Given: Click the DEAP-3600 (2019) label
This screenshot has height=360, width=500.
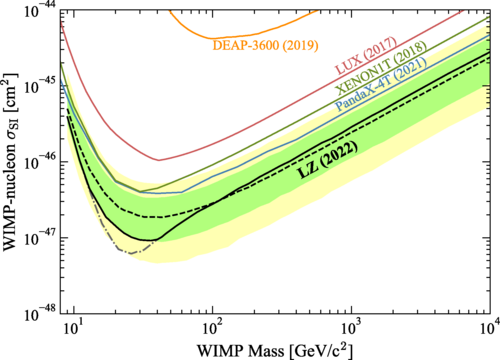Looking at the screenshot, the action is [x=265, y=45].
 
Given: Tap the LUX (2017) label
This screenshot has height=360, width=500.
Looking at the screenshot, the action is [x=366, y=55].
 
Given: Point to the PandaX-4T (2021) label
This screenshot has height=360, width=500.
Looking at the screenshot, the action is [x=381, y=84].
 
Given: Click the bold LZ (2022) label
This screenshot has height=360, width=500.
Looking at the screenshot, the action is [x=328, y=160].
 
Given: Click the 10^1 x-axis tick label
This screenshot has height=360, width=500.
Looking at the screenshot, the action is [x=75, y=329].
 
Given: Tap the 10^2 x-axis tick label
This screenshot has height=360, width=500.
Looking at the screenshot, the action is [x=213, y=329].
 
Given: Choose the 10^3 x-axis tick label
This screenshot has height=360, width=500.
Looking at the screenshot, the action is [x=352, y=329].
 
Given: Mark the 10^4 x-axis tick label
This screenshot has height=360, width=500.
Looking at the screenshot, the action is [x=489, y=329].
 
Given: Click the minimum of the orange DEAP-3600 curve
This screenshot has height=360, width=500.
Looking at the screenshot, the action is [x=211, y=38].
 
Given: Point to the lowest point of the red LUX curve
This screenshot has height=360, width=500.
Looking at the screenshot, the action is [x=159, y=160].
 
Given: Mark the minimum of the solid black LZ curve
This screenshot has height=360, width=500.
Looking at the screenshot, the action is [x=147, y=240].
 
